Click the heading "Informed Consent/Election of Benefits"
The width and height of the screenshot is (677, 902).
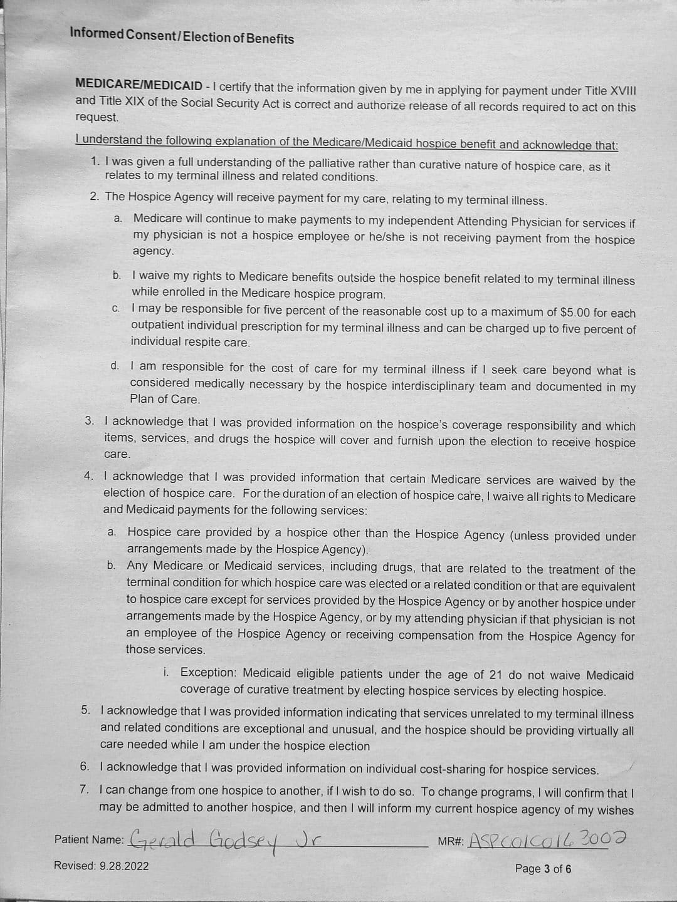[x=182, y=36]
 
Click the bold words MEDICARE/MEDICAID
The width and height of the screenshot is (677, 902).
[x=139, y=85]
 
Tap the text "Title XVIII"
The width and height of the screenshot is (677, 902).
[x=611, y=91]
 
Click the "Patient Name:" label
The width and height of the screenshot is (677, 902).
[x=89, y=839]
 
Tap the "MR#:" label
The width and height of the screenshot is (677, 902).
[x=451, y=841]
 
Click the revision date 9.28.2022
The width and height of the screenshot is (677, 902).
[x=124, y=866]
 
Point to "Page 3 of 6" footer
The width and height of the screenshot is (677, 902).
[x=543, y=869]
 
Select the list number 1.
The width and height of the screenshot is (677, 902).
[x=95, y=162]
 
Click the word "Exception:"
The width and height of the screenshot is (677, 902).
[x=208, y=673]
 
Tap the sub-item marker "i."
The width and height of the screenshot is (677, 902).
[x=166, y=672]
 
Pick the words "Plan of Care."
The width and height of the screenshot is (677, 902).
[x=165, y=399]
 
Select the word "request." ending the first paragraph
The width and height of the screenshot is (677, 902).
[x=97, y=117]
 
